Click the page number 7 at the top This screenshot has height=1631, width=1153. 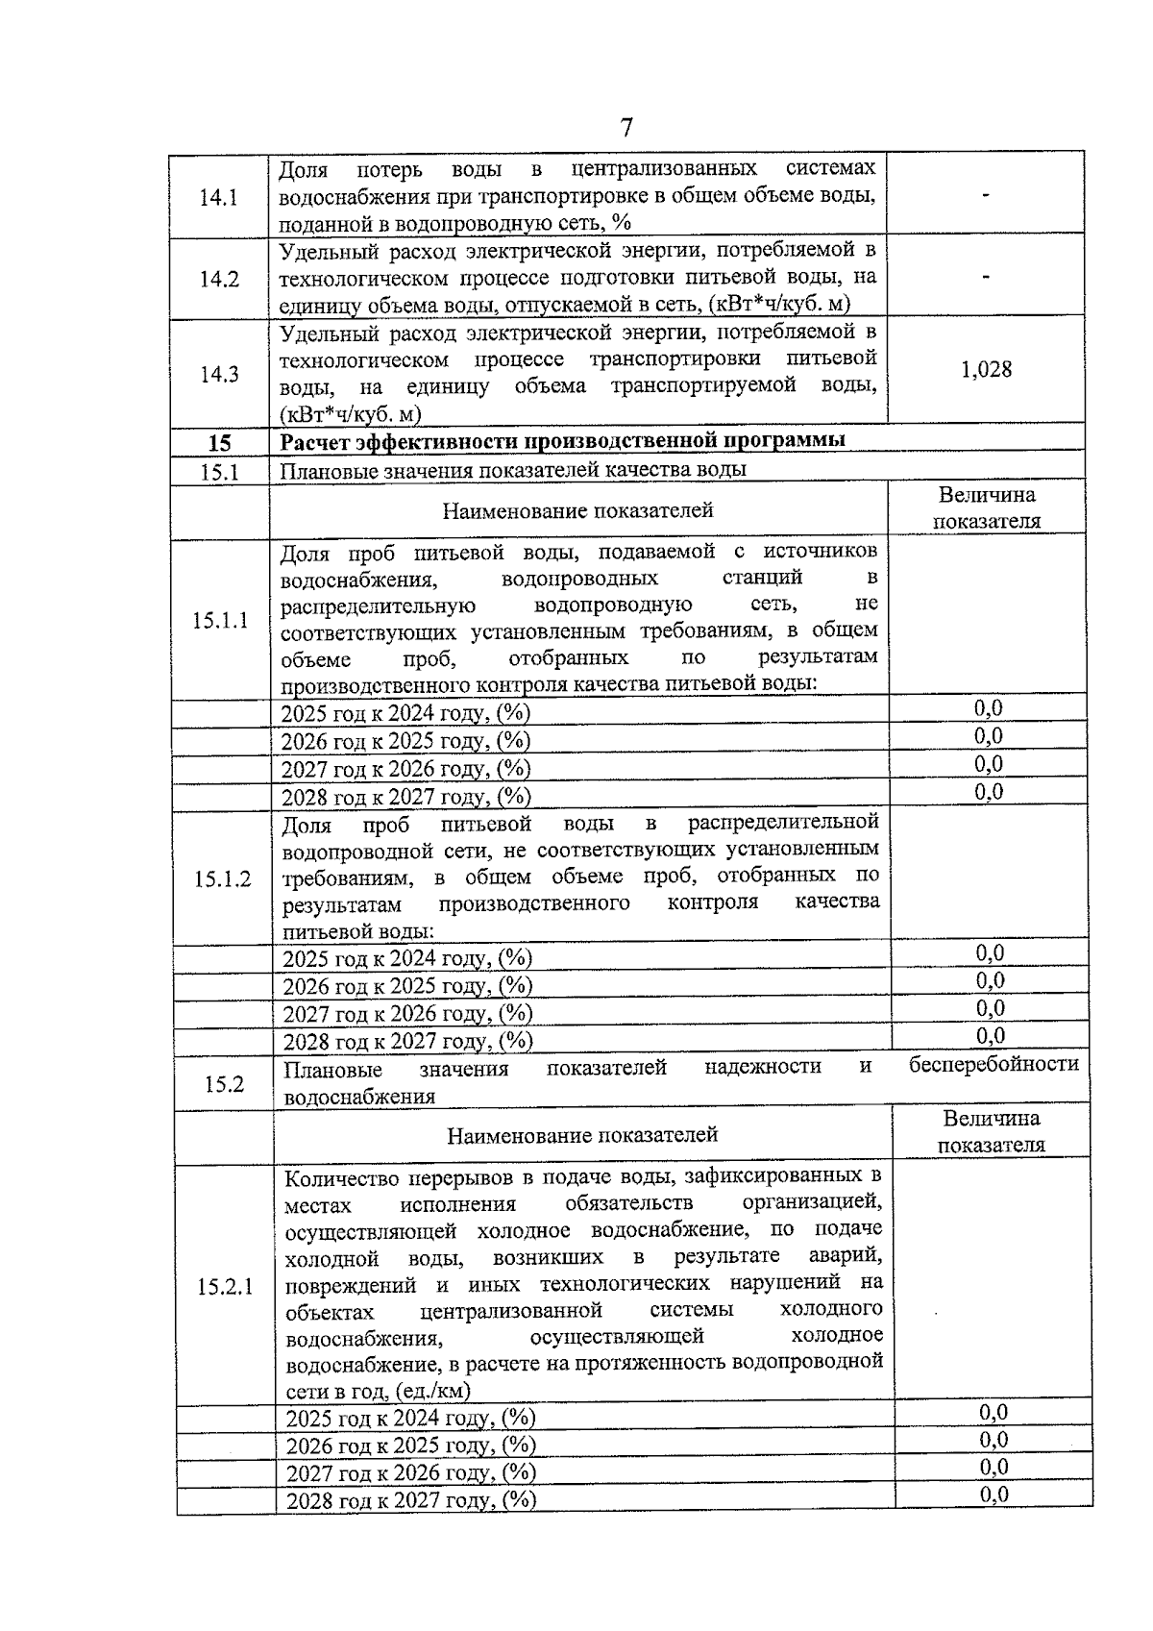[626, 128]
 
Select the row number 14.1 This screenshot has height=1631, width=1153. [218, 197]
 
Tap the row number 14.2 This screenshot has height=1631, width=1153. [219, 279]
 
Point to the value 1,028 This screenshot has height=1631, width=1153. [986, 370]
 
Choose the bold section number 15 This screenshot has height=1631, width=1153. [220, 443]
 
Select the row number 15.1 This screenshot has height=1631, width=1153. [220, 472]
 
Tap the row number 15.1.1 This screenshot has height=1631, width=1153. [220, 620]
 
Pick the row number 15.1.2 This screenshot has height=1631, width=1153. [222, 878]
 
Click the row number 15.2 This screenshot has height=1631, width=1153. [224, 1084]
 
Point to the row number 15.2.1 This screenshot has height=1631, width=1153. [225, 1287]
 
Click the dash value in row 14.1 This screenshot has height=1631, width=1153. [986, 196]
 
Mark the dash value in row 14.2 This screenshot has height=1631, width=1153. [986, 278]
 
